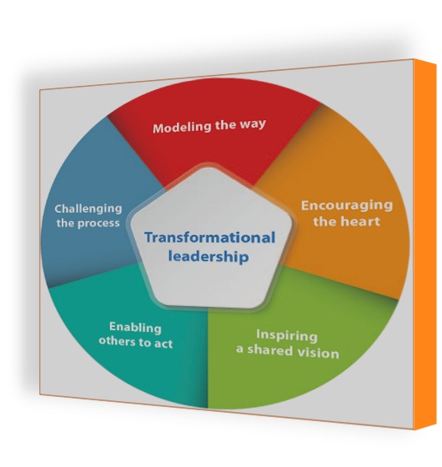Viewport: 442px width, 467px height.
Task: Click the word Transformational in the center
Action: pyautogui.click(x=209, y=238)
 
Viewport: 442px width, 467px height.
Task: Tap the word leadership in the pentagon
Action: pyautogui.click(x=208, y=257)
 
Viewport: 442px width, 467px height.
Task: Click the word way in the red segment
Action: pyautogui.click(x=253, y=123)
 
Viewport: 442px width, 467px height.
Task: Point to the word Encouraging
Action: pyautogui.click(x=347, y=206)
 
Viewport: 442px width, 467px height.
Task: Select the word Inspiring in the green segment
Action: pyautogui.click(x=287, y=335)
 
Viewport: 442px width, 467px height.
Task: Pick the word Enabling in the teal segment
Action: pyautogui.click(x=135, y=327)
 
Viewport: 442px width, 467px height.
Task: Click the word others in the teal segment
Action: pyautogui.click(x=117, y=340)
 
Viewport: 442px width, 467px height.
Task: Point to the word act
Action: pyautogui.click(x=163, y=344)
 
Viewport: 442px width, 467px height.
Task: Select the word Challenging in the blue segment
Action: pyautogui.click(x=88, y=209)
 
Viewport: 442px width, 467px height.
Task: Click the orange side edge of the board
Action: pyautogui.click(x=425, y=244)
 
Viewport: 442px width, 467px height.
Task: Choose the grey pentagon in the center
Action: pyautogui.click(x=209, y=239)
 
